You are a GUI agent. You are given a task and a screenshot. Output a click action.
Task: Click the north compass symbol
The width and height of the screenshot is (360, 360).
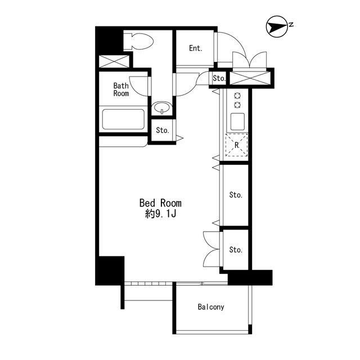277,26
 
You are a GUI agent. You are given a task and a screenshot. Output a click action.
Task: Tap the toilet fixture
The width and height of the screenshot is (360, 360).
138,41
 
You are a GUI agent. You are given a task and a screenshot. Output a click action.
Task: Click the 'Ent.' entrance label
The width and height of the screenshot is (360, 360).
196,48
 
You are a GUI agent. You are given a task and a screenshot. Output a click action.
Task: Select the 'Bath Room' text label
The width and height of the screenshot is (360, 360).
121,89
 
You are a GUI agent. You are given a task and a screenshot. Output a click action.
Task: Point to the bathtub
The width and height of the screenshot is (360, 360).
123,119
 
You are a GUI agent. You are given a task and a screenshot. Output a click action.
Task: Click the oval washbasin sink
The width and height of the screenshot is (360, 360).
162,107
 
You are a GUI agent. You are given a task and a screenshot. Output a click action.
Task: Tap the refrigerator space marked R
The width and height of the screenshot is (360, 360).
237,145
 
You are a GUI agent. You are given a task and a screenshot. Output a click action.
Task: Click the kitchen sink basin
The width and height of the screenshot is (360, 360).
237,121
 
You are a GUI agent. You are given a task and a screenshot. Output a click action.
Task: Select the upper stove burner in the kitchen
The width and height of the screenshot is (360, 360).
237,96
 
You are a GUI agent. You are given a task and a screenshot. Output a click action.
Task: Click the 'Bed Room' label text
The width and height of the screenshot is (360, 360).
160,203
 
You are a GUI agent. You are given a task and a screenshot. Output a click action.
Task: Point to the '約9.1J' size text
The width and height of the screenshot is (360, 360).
160,214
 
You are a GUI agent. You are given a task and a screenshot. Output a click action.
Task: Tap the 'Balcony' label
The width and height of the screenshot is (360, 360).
211,307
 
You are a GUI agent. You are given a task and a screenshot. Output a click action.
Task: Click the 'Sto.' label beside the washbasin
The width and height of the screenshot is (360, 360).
163,130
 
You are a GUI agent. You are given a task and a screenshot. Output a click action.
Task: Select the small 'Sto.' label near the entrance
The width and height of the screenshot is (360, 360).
219,79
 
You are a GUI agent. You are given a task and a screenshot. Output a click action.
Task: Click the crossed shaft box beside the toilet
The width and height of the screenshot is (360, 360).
114,61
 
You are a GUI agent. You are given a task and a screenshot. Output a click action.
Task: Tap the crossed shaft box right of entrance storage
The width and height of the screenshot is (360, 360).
250,78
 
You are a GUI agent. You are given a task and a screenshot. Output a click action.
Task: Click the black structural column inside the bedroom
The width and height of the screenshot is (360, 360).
110,271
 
